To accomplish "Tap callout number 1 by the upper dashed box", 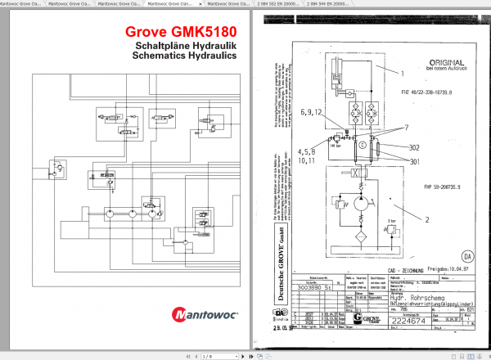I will (x=403, y=73).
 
